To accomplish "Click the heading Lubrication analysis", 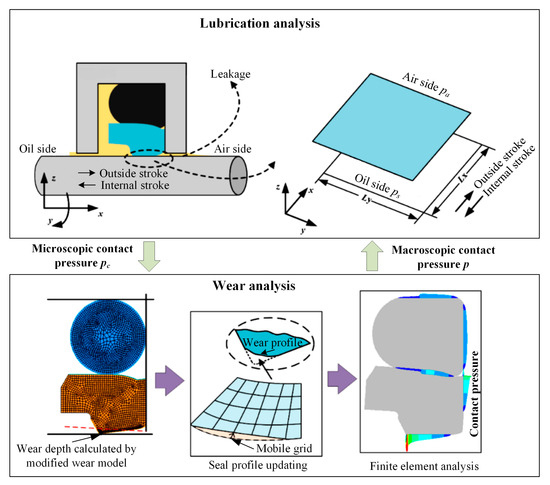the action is coord(260,23).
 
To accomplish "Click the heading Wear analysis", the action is coord(254,286).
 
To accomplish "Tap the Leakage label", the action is coord(230,74).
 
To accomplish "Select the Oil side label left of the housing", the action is coord(38,149).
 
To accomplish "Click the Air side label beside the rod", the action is coord(233,149).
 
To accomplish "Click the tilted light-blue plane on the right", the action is coord(392,127).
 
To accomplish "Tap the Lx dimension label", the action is coord(463,177).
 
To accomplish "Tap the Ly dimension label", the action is coord(367,199).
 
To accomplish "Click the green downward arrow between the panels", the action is coord(149,256).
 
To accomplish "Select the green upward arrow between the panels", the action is coord(372,256).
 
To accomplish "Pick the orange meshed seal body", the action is coord(103,402).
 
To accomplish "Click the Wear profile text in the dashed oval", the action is coord(273,343).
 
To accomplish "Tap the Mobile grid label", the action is coord(284,449).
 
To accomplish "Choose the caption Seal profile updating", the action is coord(258,465).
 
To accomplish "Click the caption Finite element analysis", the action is coord(424,466).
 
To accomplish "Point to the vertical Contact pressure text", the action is coord(474,393).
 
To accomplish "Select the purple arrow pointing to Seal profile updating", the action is coord(169,380).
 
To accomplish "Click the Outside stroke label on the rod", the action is coord(134,173).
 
